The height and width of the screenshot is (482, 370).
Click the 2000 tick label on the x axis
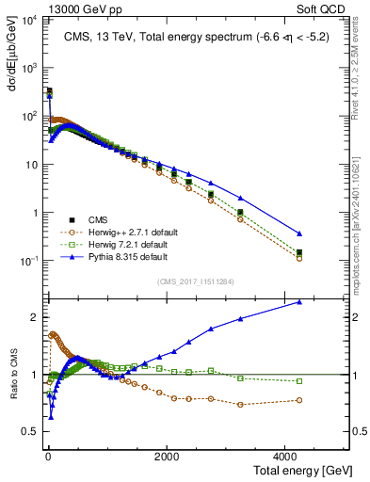click(167, 456)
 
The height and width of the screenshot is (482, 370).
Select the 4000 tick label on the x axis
click(288, 456)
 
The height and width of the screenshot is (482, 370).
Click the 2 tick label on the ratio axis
click(33, 317)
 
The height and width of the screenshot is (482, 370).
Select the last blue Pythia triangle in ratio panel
click(299, 302)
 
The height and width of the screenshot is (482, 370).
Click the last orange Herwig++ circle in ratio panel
click(299, 400)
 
